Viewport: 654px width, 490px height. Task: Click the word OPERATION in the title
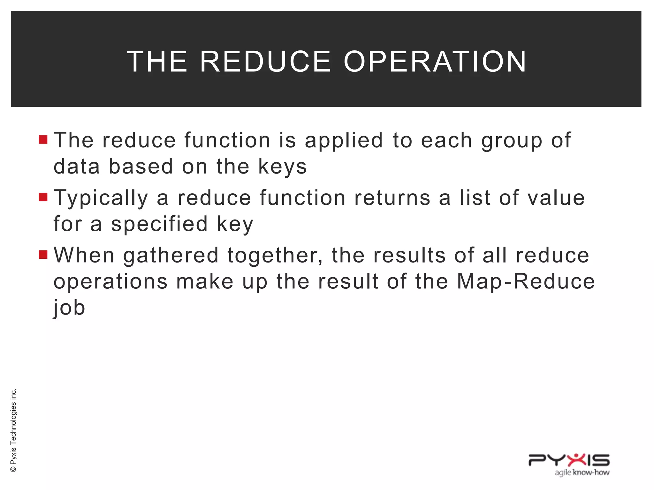435,62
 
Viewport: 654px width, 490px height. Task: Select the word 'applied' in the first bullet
344,140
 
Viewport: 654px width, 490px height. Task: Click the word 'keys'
282,167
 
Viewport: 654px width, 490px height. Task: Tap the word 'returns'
392,198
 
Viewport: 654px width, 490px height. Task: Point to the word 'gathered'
171,256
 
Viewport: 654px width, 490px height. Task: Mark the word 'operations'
110,282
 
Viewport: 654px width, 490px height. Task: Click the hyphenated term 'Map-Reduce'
526,281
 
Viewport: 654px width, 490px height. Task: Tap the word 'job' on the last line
69,308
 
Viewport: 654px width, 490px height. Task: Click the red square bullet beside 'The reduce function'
43,140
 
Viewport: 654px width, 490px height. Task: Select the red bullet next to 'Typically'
43,197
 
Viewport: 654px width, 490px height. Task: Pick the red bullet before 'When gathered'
43,255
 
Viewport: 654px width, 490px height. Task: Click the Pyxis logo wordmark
569,460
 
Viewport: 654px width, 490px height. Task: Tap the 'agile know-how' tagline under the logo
582,472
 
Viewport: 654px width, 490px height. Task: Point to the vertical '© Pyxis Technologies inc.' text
13,430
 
